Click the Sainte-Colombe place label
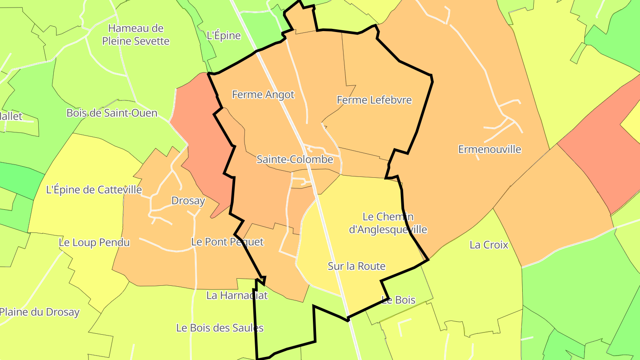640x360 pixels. [295, 160]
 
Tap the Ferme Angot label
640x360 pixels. [263, 95]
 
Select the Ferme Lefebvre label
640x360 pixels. [374, 100]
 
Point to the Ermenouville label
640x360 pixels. [489, 149]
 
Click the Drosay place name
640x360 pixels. [188, 201]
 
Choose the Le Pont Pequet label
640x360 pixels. [227, 242]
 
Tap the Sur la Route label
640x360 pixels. [356, 266]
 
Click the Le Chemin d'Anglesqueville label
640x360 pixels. [388, 223]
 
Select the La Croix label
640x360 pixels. [489, 245]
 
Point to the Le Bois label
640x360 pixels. [399, 300]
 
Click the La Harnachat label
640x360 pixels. [237, 295]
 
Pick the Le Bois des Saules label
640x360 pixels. [220, 328]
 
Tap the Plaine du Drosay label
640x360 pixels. [39, 312]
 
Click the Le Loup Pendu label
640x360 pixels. [94, 243]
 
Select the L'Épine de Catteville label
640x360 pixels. [94, 190]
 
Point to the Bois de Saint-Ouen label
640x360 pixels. [112, 113]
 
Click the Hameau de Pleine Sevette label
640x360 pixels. [136, 35]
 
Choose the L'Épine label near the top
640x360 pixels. [224, 36]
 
